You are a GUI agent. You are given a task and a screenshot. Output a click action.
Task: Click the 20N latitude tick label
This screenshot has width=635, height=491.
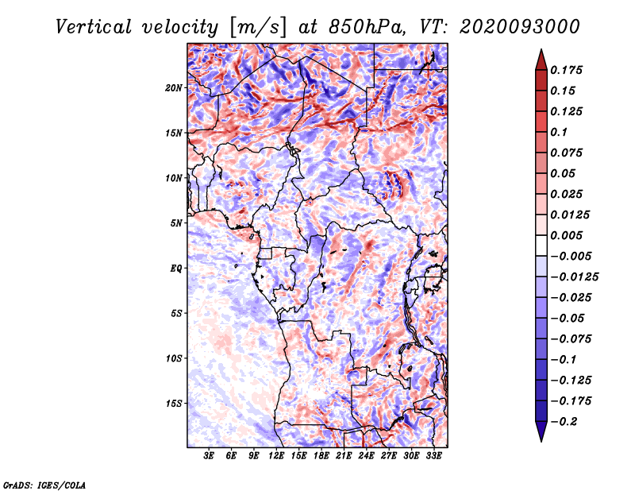pos(173,87)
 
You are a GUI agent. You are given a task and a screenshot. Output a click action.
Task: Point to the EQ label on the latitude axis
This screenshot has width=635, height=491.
pos(175,268)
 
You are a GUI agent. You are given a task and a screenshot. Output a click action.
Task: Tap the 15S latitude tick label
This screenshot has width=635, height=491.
pos(173,404)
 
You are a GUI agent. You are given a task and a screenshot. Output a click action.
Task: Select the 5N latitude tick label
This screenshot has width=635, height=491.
pos(175,223)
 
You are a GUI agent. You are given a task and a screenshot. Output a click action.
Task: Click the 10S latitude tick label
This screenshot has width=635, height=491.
pos(173,358)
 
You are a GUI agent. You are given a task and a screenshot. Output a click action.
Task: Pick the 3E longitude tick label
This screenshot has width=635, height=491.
pos(209,455)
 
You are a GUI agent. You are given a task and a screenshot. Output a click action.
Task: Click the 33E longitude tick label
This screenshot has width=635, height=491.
pos(433,455)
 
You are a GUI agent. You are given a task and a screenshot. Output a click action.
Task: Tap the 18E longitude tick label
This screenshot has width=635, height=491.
pos(321,455)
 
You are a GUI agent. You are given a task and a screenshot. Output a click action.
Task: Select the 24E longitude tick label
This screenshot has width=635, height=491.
pos(366,455)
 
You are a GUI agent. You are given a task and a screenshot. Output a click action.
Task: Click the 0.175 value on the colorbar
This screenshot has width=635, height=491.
pos(566,70)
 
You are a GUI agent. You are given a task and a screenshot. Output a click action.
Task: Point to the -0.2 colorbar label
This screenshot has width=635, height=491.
pos(564,422)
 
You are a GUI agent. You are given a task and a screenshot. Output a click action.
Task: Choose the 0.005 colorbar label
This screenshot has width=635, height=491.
pos(566,235)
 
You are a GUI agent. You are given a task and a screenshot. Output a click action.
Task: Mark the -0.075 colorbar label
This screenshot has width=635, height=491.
pos(571,339)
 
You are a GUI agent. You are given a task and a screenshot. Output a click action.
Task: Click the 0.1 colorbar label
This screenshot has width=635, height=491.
pos(559,132)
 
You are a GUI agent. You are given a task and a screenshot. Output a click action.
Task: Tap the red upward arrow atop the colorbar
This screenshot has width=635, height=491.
pos(541,60)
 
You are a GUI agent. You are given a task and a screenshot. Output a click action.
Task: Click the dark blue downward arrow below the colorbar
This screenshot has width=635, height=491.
pos(541,431)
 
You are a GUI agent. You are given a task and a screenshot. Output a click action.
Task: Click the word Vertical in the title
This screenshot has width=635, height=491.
pos(94,27)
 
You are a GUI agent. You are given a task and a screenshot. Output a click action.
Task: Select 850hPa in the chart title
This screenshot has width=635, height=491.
pos(367,27)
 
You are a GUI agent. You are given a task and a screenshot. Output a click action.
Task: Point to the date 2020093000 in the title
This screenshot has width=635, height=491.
pos(519,27)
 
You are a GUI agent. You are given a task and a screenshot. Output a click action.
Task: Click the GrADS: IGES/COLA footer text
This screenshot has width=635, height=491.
pos(44,485)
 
